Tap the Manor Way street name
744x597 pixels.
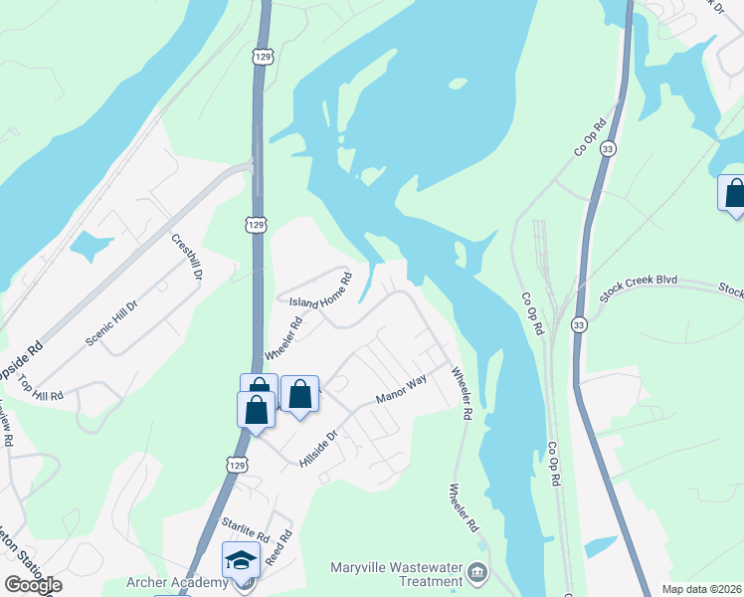(x=401, y=390)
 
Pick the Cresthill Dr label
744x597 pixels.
(x=187, y=256)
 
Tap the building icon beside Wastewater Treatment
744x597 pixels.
(x=477, y=574)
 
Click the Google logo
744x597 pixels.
(x=33, y=584)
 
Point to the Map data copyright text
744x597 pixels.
(x=700, y=588)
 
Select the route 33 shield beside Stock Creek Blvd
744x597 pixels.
(x=579, y=324)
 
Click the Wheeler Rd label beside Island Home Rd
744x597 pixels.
(x=282, y=339)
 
